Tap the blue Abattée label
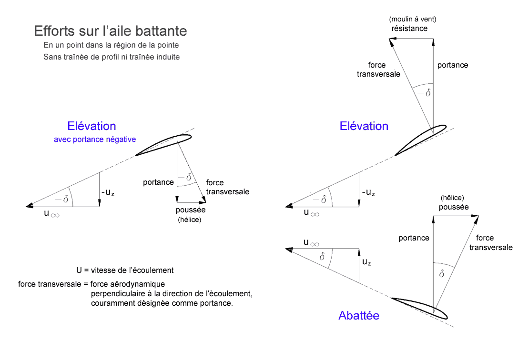[x=358, y=315]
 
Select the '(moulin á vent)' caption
[x=413, y=19]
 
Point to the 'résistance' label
[x=409, y=28]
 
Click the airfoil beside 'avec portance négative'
[x=163, y=145]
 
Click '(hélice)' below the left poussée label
[x=190, y=220]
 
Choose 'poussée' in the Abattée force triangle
[x=454, y=207]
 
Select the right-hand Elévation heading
[x=364, y=126]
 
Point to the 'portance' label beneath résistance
[x=453, y=65]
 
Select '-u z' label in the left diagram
[x=107, y=193]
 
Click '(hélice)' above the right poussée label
[x=452, y=198]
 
